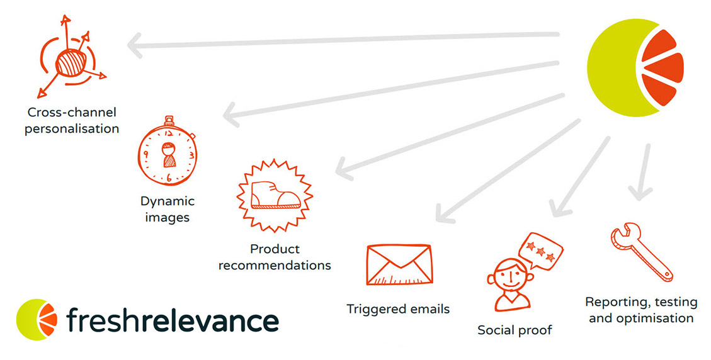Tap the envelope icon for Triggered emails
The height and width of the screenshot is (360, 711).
[x=399, y=265]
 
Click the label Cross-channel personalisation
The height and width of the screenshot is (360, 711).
[x=72, y=120]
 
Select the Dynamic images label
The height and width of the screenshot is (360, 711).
[x=167, y=209]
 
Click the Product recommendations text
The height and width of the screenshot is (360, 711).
[x=275, y=257]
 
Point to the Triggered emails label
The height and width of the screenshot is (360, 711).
[x=398, y=309]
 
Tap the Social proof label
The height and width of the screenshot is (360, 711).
[x=515, y=330]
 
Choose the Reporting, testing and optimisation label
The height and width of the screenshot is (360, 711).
[x=640, y=310]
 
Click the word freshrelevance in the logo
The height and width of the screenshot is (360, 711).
[x=173, y=320]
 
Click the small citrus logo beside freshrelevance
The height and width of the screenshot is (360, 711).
[x=37, y=320]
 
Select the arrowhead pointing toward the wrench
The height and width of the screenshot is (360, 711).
[x=640, y=190]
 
